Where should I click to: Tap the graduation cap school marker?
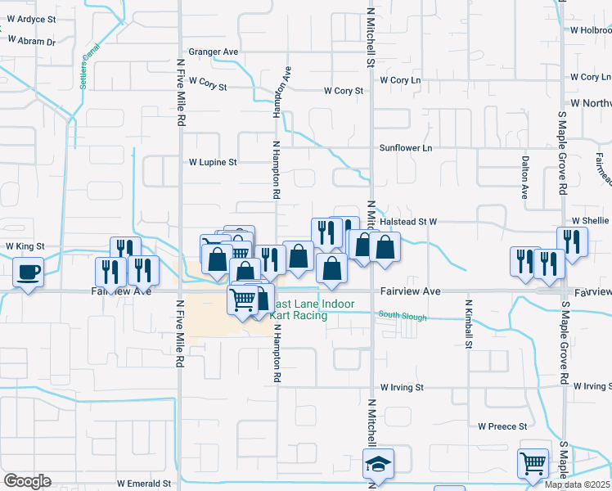click(378, 465)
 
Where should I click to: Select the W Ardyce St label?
click(30, 19)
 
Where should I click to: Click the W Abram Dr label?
click(30, 41)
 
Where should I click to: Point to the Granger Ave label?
click(213, 52)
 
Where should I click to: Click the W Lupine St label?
click(213, 162)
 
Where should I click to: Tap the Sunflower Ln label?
click(405, 148)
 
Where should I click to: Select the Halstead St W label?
click(410, 222)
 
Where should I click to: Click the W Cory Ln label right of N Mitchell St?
click(400, 80)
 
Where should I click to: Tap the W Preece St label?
click(502, 426)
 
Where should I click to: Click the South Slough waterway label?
click(402, 317)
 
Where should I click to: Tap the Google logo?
click(26, 481)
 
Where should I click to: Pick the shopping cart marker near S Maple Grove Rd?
click(533, 463)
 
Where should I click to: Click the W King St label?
click(25, 245)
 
